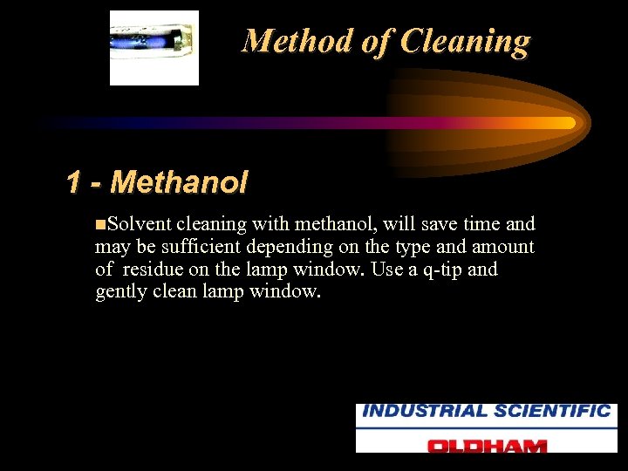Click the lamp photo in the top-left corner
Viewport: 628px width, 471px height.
pyautogui.click(x=154, y=47)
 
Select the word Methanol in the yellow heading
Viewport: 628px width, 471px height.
pyautogui.click(x=180, y=182)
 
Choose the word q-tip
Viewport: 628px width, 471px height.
pyautogui.click(x=436, y=270)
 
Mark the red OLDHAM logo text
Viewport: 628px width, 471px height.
pyautogui.click(x=486, y=444)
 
